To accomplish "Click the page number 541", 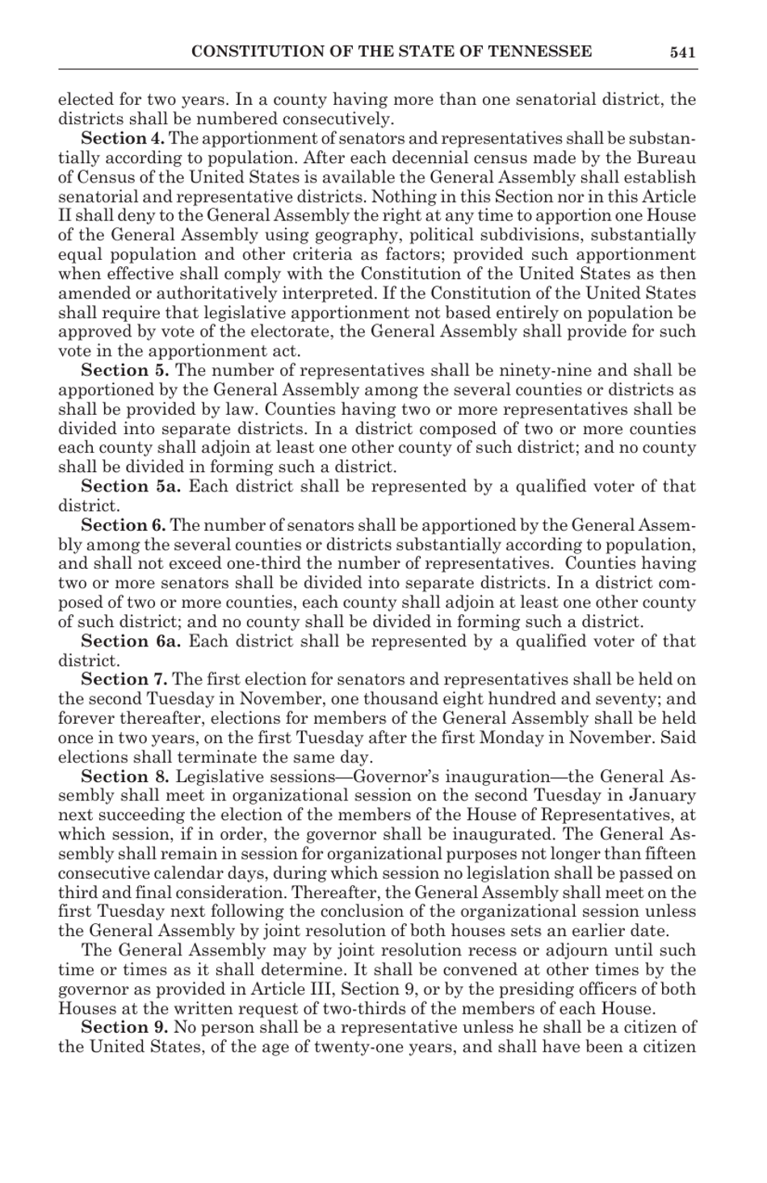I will [x=682, y=52].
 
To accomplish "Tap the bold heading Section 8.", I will [x=124, y=777].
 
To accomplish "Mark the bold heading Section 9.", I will [x=124, y=1028].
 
